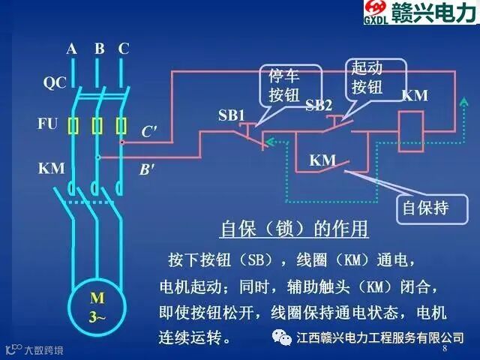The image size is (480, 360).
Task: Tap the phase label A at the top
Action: click(72, 49)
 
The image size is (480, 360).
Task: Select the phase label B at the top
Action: click(99, 49)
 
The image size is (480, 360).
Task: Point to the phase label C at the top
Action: click(124, 49)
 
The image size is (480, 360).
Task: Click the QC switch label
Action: click(54, 83)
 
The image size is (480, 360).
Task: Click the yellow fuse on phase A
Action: click(73, 125)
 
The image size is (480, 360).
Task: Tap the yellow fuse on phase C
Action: click(121, 125)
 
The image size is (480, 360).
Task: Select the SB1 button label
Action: click(232, 115)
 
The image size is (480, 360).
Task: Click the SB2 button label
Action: click(319, 106)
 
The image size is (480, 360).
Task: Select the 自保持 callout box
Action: click(425, 207)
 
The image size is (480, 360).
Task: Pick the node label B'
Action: click(147, 169)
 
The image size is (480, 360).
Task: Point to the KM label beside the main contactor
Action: click(52, 169)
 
